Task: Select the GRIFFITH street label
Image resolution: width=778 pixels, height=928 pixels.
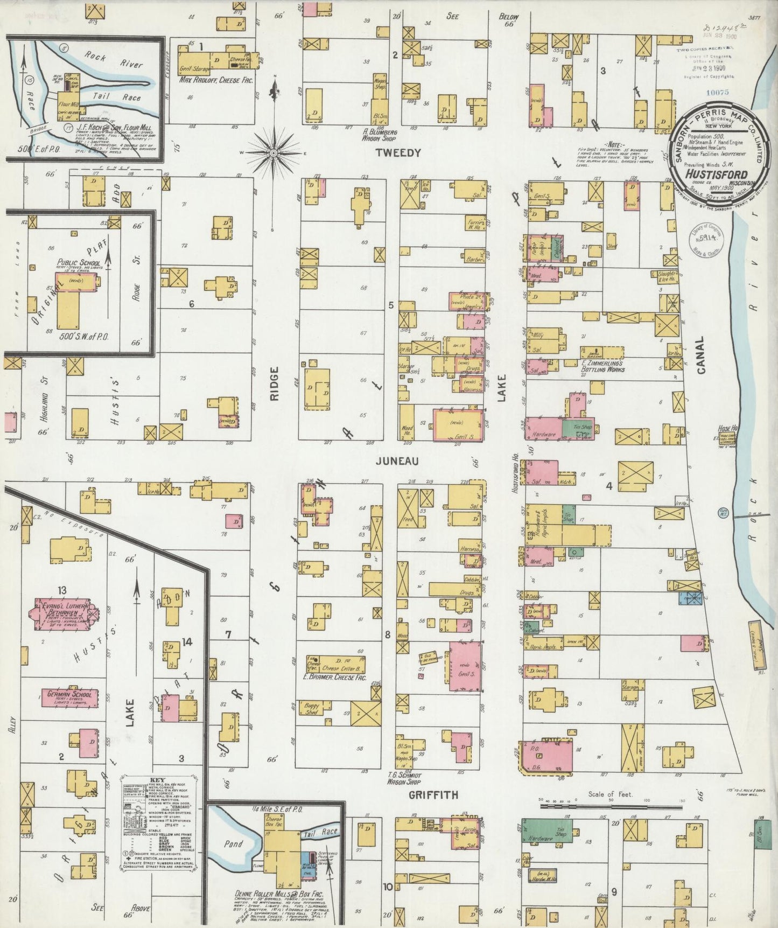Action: [x=433, y=794]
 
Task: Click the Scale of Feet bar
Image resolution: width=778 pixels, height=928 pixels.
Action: [x=611, y=806]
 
